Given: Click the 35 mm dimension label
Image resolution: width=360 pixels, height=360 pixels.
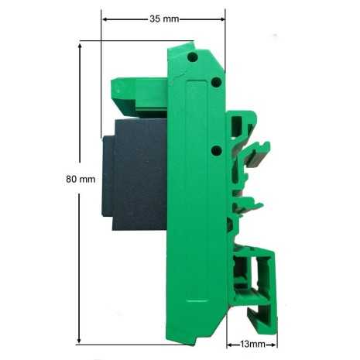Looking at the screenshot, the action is [x=164, y=19].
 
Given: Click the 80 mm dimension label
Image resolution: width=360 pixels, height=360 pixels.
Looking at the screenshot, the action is [x=81, y=179].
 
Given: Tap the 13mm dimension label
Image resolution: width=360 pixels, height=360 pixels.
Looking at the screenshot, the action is [x=252, y=344].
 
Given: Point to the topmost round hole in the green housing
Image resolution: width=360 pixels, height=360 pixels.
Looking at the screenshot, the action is [x=193, y=57].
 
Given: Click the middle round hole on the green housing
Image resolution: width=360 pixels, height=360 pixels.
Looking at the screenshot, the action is [x=216, y=82].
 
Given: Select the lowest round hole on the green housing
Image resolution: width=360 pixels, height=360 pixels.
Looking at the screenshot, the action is [x=217, y=150].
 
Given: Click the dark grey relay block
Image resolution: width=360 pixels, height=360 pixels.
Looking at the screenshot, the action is [x=135, y=175].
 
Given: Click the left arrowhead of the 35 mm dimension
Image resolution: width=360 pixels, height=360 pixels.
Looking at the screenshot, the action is [x=105, y=19].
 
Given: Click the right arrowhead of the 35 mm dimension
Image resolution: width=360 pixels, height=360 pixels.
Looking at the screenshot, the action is [x=222, y=19].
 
